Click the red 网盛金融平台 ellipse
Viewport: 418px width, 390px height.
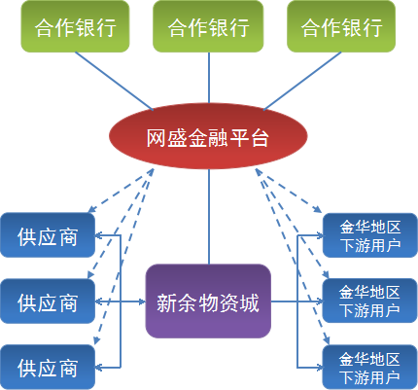[208, 136]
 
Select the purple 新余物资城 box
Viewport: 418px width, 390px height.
[208, 301]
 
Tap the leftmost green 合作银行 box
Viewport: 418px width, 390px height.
[75, 26]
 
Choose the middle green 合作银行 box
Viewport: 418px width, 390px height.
[208, 26]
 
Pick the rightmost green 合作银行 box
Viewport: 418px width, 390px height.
[341, 26]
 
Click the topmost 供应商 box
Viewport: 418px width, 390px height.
[48, 235]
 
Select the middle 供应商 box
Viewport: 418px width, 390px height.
[48, 301]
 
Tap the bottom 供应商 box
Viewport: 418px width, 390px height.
[48, 368]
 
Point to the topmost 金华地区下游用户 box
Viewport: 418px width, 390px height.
[370, 235]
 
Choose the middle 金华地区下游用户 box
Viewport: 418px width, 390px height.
[370, 301]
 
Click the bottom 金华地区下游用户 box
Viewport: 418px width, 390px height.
[370, 368]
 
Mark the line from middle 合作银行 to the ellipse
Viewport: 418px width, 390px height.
[209, 78]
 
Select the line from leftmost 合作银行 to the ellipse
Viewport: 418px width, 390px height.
[114, 81]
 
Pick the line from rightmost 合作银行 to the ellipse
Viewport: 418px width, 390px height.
[302, 81]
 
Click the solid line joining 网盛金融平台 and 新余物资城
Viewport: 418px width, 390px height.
[209, 217]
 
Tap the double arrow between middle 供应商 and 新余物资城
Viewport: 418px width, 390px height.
[121, 301]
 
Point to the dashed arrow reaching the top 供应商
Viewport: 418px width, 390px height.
[121, 191]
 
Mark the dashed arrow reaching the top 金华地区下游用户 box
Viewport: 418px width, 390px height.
[289, 191]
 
